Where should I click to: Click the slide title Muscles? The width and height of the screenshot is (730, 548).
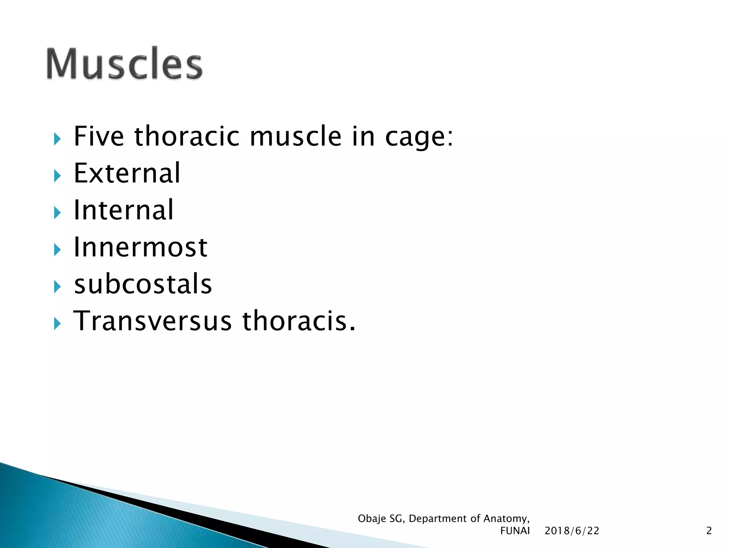pyautogui.click(x=124, y=64)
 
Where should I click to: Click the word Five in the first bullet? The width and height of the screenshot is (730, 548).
pyautogui.click(x=99, y=137)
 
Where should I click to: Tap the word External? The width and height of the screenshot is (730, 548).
pyautogui.click(x=127, y=173)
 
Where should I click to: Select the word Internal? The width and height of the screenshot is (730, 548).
pyautogui.click(x=123, y=210)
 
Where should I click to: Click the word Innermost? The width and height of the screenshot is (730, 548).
pyautogui.click(x=140, y=247)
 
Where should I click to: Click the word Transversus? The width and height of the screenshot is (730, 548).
pyautogui.click(x=153, y=321)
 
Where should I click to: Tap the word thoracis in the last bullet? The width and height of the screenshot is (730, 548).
pyautogui.click(x=299, y=321)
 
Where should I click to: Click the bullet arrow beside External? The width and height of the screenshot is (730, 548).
pyautogui.click(x=57, y=176)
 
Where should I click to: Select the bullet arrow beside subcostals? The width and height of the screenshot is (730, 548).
pyautogui.click(x=57, y=286)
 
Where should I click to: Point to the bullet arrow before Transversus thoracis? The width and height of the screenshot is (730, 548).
pyautogui.click(x=57, y=324)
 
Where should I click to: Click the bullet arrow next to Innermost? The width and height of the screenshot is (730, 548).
pyautogui.click(x=57, y=250)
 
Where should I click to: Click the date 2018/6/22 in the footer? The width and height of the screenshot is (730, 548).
pyautogui.click(x=572, y=531)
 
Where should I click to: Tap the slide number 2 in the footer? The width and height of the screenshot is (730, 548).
pyautogui.click(x=709, y=531)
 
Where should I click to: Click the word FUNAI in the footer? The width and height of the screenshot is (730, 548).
pyautogui.click(x=515, y=531)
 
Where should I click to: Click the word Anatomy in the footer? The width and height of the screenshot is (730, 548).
pyautogui.click(x=506, y=519)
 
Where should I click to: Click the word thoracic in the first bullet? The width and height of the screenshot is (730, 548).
pyautogui.click(x=187, y=137)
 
